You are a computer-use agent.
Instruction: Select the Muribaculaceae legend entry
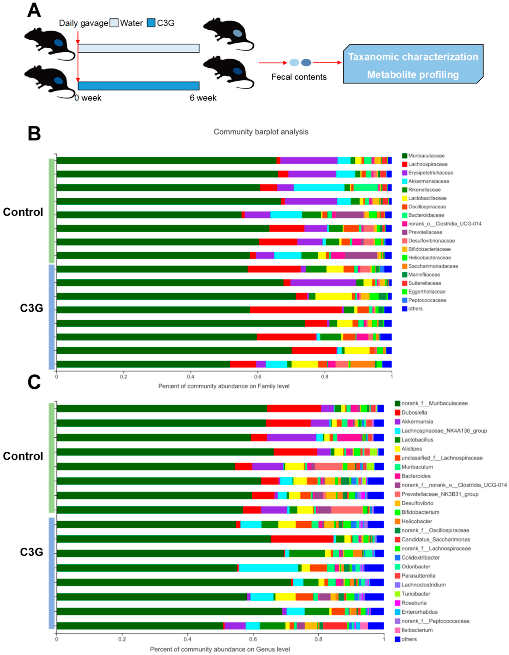coord(426,156)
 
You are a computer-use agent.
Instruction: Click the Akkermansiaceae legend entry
coord(428,181)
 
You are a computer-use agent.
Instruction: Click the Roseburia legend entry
coord(414,603)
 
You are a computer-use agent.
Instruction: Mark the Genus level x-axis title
coord(220,649)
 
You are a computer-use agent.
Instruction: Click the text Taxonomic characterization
coord(413,57)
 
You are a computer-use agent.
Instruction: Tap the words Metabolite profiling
coord(413,75)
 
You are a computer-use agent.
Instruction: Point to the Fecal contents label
coord(299,77)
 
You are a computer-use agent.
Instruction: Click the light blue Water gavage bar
coord(139,48)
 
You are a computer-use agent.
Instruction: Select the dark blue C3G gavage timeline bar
coord(139,86)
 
